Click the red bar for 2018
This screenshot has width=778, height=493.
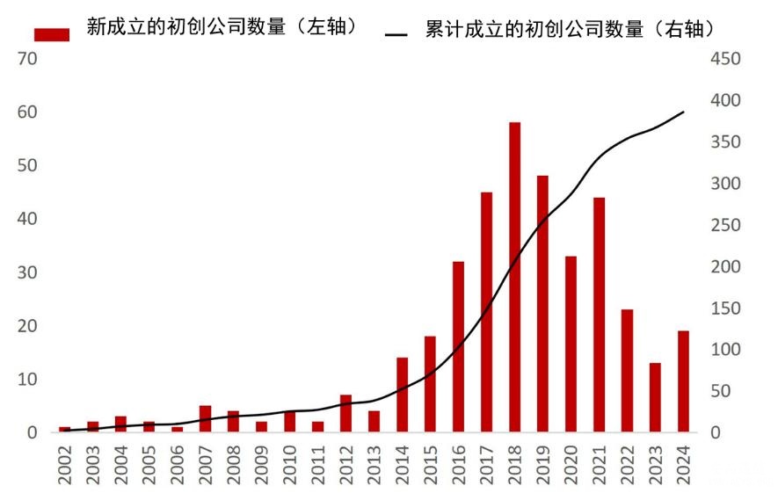tap(514, 277)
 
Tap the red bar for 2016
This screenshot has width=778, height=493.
tap(458, 346)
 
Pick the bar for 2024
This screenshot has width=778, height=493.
tap(683, 381)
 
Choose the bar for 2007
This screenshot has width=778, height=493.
tap(205, 419)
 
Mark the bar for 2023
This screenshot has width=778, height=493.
tap(655, 397)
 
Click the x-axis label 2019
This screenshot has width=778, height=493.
tap(543, 462)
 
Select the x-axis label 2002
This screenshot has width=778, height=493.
tap(65, 462)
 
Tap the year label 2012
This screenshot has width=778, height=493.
tap(346, 462)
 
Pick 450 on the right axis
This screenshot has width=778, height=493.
tap(726, 59)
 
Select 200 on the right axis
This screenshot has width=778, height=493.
tap(726, 266)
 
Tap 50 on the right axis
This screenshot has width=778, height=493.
tap(731, 391)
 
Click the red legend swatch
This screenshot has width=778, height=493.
tap(51, 33)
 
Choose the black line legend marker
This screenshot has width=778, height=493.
tap(396, 34)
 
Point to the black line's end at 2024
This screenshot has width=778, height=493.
tap(683, 112)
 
